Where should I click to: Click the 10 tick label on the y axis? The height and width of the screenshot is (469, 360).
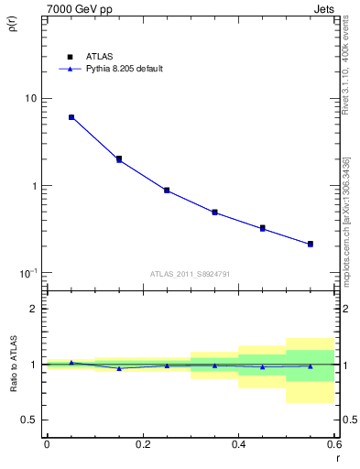click(31, 99)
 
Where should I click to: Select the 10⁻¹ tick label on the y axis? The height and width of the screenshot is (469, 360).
click(28, 273)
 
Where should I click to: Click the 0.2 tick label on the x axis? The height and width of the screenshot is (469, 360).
click(142, 444)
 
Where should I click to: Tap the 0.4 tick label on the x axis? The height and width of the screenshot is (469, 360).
click(238, 444)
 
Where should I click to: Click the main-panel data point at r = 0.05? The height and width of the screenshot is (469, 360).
click(71, 117)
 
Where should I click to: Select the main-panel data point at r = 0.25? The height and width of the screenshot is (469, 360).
click(167, 191)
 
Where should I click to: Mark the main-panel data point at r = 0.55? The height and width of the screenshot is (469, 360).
click(311, 244)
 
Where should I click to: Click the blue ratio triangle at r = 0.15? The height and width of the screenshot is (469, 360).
click(119, 368)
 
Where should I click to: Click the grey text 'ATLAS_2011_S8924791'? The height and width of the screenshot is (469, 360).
click(189, 273)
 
